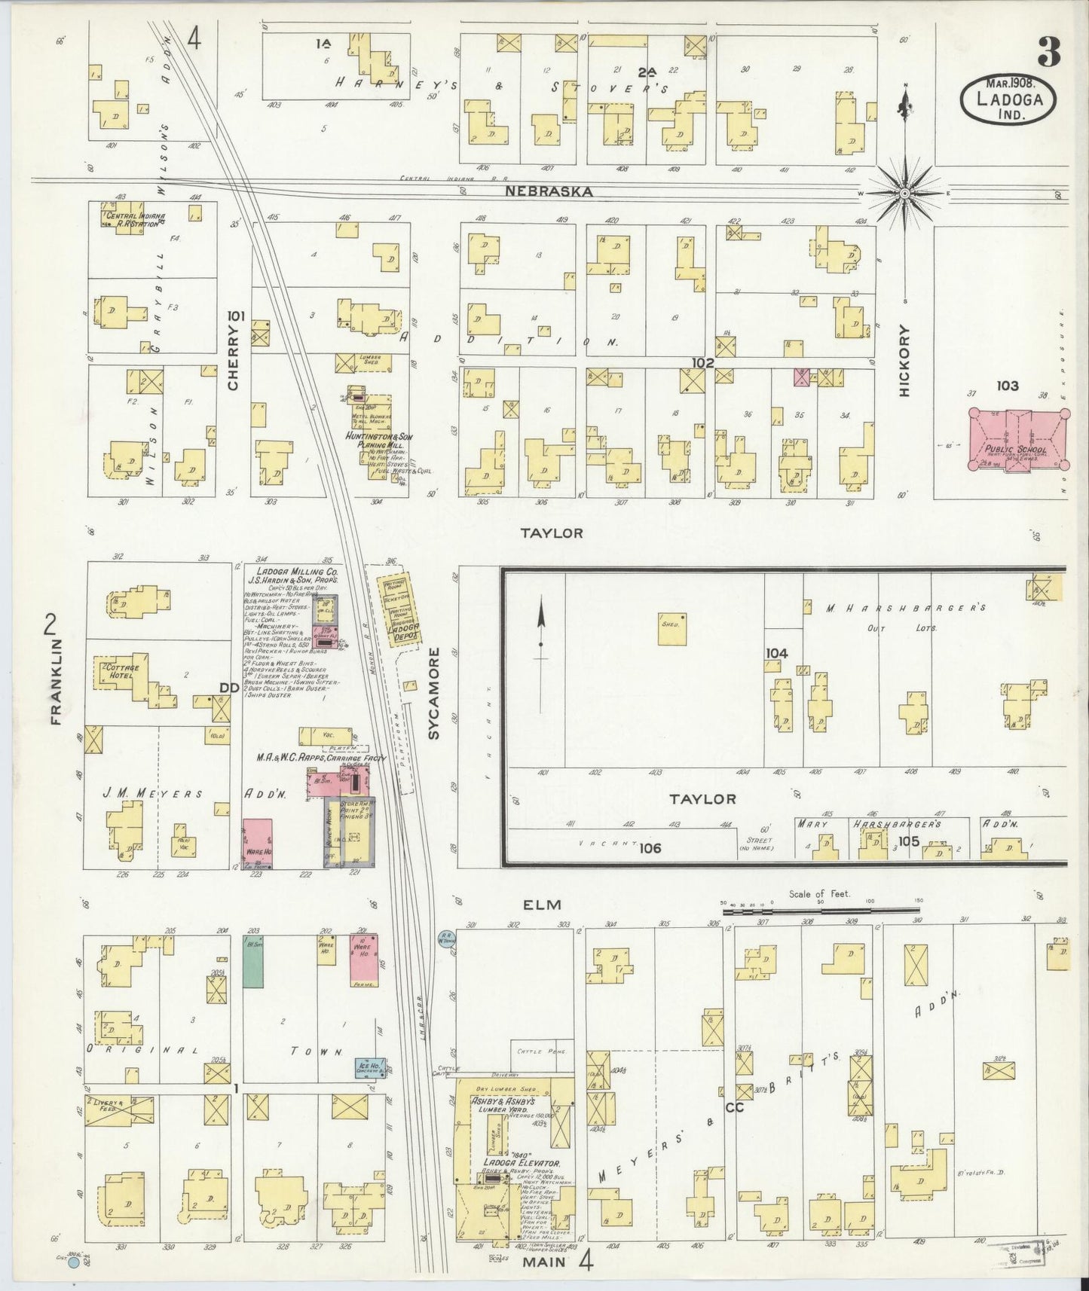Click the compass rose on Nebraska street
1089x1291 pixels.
(x=904, y=193)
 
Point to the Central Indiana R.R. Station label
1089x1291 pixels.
(x=135, y=219)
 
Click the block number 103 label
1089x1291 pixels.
(x=1007, y=386)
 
